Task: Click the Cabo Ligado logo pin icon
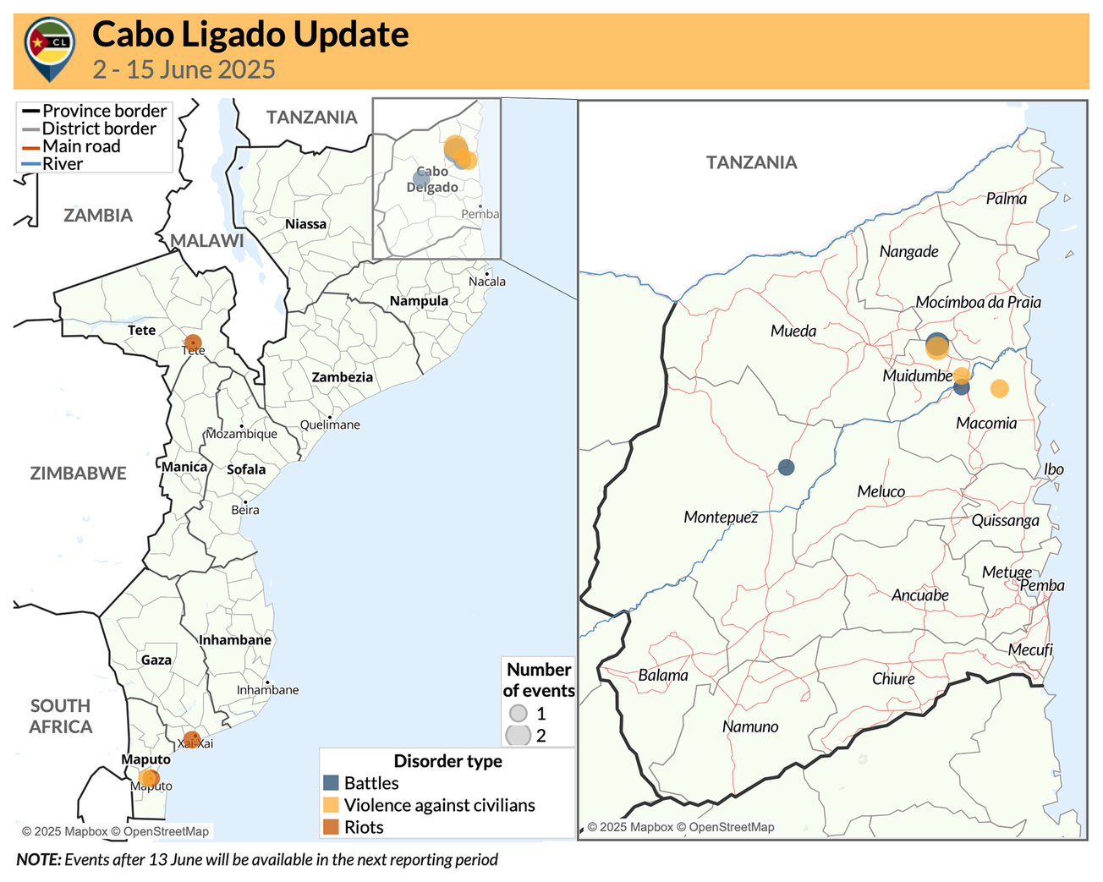50,47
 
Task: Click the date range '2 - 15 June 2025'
184,69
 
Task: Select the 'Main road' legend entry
81,146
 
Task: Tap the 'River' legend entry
63,164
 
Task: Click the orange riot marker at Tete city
193,343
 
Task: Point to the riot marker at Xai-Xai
192,738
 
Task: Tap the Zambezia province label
342,377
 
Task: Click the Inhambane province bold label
235,640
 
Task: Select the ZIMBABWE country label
78,474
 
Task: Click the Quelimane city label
330,425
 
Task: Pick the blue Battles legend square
331,783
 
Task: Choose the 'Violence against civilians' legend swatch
331,805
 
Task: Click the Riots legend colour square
331,827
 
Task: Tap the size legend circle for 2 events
518,735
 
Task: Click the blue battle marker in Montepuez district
786,467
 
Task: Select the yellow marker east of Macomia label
999,389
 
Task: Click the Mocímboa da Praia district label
978,303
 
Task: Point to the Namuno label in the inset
749,726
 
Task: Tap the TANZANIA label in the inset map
751,162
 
